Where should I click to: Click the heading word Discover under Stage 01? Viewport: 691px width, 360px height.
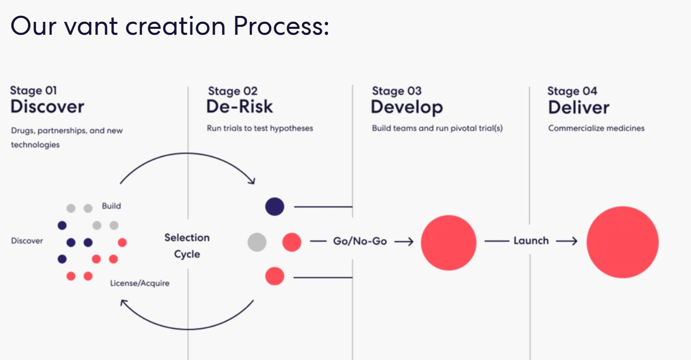pyautogui.click(x=47, y=107)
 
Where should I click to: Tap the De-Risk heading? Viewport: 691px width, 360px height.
pyautogui.click(x=240, y=107)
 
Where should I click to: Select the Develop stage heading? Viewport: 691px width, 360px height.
pyautogui.click(x=406, y=107)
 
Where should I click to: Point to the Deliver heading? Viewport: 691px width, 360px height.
pyautogui.click(x=578, y=107)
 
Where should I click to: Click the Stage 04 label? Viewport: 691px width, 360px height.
pyautogui.click(x=572, y=91)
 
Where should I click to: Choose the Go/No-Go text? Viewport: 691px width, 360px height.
pyautogui.click(x=360, y=241)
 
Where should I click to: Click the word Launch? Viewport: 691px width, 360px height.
pyautogui.click(x=531, y=241)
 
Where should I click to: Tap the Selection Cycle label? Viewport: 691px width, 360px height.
pyautogui.click(x=187, y=246)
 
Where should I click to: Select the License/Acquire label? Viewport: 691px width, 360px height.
pyautogui.click(x=140, y=283)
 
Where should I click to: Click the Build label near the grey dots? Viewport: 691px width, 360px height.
pyautogui.click(x=111, y=206)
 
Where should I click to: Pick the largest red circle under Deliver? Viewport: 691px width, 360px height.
pyautogui.click(x=622, y=242)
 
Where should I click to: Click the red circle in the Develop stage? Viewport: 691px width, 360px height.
pyautogui.click(x=448, y=242)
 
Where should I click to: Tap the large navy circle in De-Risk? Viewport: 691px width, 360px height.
pyautogui.click(x=274, y=206)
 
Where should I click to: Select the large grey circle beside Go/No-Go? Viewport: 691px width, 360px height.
pyautogui.click(x=257, y=242)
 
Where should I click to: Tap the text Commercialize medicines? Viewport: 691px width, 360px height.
pyautogui.click(x=596, y=128)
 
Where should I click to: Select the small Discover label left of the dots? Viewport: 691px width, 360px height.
pyautogui.click(x=27, y=241)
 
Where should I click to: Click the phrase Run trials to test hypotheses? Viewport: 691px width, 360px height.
pyautogui.click(x=260, y=128)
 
